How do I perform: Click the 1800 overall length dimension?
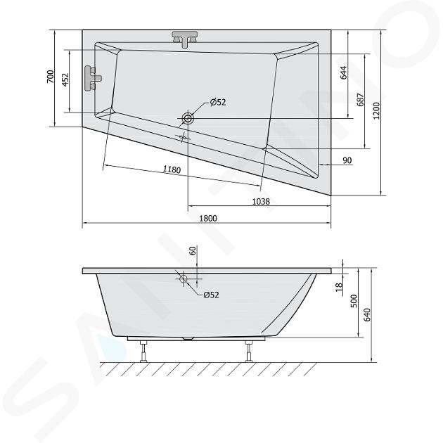(208, 218)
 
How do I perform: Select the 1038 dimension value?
(261, 201)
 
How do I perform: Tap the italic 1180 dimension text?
(172, 169)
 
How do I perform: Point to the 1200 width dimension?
(377, 111)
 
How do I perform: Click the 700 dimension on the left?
(50, 76)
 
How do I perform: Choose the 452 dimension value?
(65, 80)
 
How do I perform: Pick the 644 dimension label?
(343, 72)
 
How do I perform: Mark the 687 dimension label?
(361, 99)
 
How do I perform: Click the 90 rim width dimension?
(347, 160)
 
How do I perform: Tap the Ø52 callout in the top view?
(218, 102)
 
